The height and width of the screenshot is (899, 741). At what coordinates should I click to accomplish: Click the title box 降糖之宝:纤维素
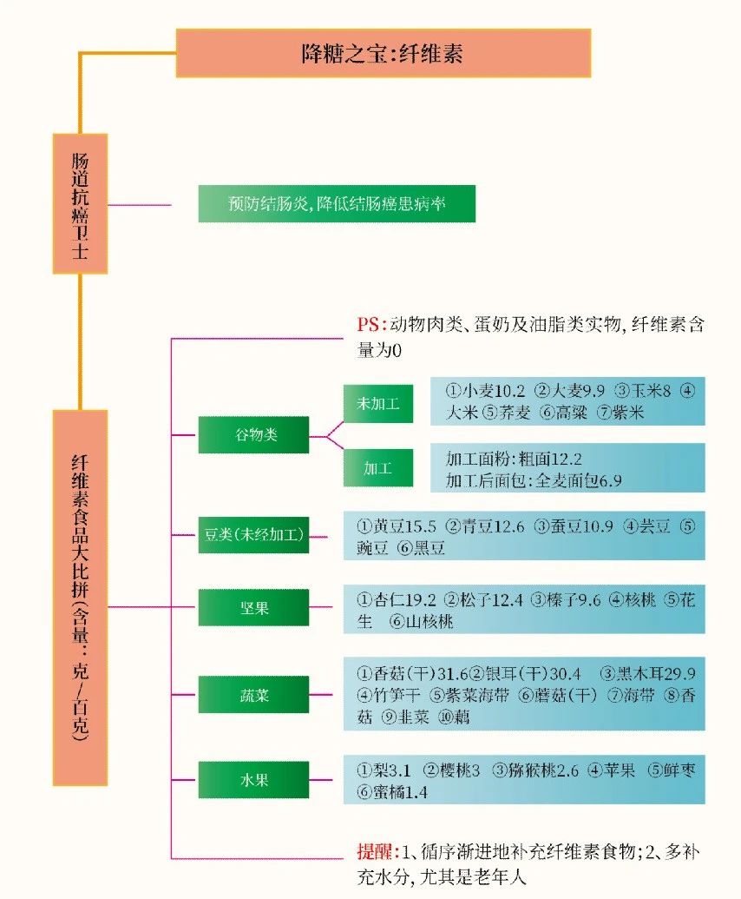384,53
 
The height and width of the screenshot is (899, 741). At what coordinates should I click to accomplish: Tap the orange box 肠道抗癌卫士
80,203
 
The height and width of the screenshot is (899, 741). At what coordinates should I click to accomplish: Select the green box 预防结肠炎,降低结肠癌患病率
337,203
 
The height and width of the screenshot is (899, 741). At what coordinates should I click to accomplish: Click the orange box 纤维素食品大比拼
80,598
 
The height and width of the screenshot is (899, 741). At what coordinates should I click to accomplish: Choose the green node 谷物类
253,434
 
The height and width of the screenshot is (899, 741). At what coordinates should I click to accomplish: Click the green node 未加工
378,404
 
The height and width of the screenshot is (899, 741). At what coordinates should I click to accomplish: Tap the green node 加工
378,468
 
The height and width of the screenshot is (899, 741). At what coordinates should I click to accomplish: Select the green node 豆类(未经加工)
253,534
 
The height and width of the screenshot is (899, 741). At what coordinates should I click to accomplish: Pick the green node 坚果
253,607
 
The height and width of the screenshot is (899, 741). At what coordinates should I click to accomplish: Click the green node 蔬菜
253,694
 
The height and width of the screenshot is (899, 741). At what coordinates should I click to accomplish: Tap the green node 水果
253,780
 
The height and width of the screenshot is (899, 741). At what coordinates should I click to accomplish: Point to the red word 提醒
375,851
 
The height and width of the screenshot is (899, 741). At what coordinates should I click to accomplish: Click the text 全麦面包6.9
579,480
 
